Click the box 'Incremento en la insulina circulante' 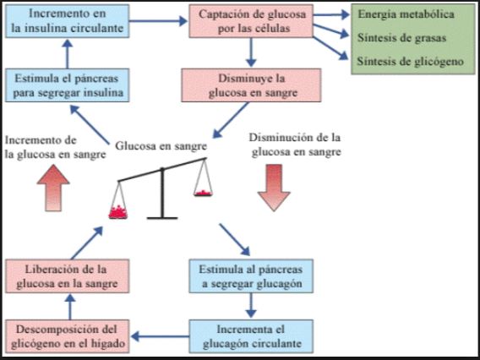point(68,21)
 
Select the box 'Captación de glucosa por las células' point(251,21)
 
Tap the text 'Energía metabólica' point(406,14)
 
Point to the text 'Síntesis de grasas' point(401,38)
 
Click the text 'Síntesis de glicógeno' point(410,62)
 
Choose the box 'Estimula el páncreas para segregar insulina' point(68,85)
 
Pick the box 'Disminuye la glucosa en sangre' point(251,85)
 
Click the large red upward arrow point(53,188)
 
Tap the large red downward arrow point(274,188)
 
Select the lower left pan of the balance point(117,212)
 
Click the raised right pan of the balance point(203,194)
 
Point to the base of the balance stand point(162,218)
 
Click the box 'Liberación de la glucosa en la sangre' point(68,276)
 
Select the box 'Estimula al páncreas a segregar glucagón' point(251,276)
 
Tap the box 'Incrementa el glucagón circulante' point(251,336)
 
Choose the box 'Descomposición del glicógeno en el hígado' point(68,336)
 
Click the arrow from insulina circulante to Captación point(158,21)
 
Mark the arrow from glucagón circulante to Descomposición point(160,336)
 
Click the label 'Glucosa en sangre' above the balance point(161,146)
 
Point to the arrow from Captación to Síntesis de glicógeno point(330,48)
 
